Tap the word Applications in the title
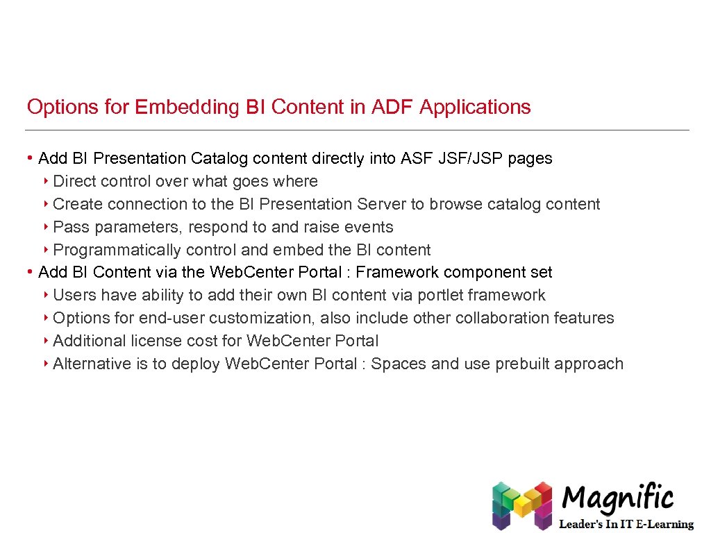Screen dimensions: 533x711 (475, 108)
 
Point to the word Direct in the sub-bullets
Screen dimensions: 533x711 (74, 182)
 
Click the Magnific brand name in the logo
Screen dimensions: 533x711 (617, 498)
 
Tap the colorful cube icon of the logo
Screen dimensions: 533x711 (521, 505)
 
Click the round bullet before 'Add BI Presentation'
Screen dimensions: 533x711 (31, 159)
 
